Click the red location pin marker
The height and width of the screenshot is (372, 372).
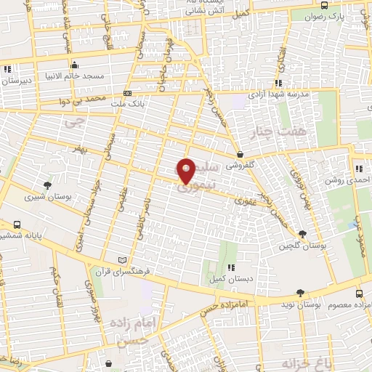[x=187, y=170]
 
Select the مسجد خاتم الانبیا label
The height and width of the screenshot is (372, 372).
[x=77, y=76]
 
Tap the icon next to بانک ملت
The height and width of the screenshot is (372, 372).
[x=128, y=93]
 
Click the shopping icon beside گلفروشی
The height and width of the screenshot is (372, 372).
[x=239, y=154]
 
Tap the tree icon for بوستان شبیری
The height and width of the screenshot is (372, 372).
[x=48, y=185]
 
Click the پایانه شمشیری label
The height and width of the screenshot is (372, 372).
[x=21, y=235]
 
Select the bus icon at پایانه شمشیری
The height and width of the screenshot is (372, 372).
[x=17, y=224]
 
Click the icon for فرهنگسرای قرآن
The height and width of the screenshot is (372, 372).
[x=122, y=259]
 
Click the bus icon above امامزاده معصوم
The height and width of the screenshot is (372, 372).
[x=360, y=294]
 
